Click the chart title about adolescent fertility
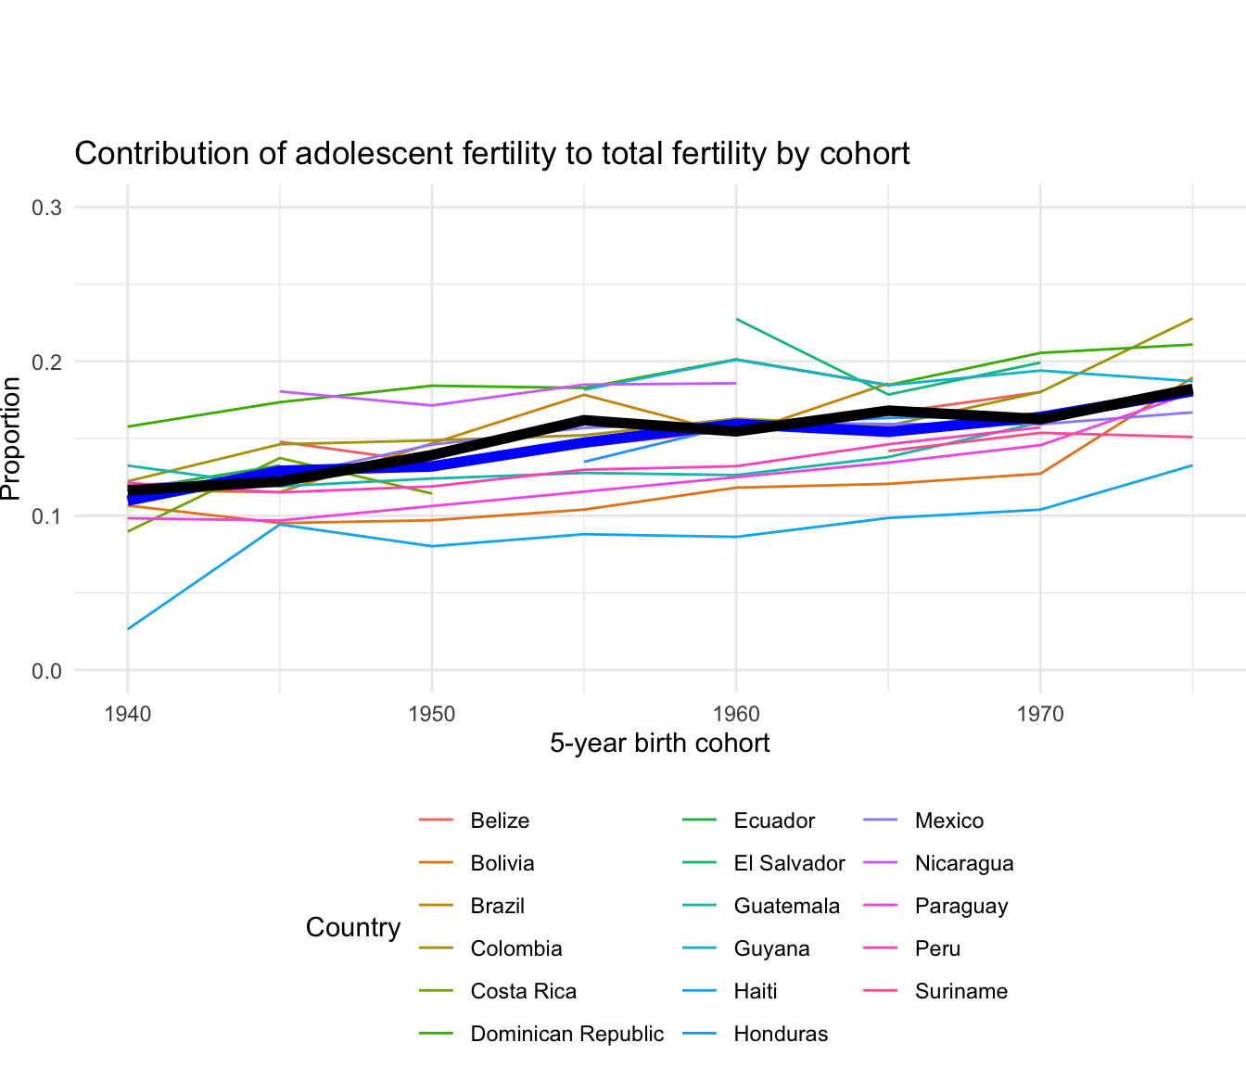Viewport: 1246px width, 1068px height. [491, 153]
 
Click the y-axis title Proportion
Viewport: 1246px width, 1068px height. [11, 439]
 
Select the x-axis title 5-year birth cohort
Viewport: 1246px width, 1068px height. [659, 744]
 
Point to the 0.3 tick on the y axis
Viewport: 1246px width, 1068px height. [47, 207]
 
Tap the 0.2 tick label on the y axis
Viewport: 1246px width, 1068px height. [47, 362]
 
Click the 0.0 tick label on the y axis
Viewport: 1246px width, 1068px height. [47, 670]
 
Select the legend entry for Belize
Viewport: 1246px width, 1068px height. [500, 820]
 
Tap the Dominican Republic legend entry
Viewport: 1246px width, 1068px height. [566, 1034]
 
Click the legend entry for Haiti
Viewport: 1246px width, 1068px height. [755, 991]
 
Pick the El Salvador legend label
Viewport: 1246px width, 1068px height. [789, 863]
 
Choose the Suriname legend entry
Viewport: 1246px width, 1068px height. [960, 991]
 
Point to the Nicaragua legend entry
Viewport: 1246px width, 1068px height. [964, 863]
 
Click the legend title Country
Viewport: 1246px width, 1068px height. [353, 927]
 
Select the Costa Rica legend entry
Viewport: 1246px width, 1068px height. [523, 991]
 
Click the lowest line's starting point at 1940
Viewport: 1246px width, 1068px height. [128, 629]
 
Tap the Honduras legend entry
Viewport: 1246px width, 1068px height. [781, 1034]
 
